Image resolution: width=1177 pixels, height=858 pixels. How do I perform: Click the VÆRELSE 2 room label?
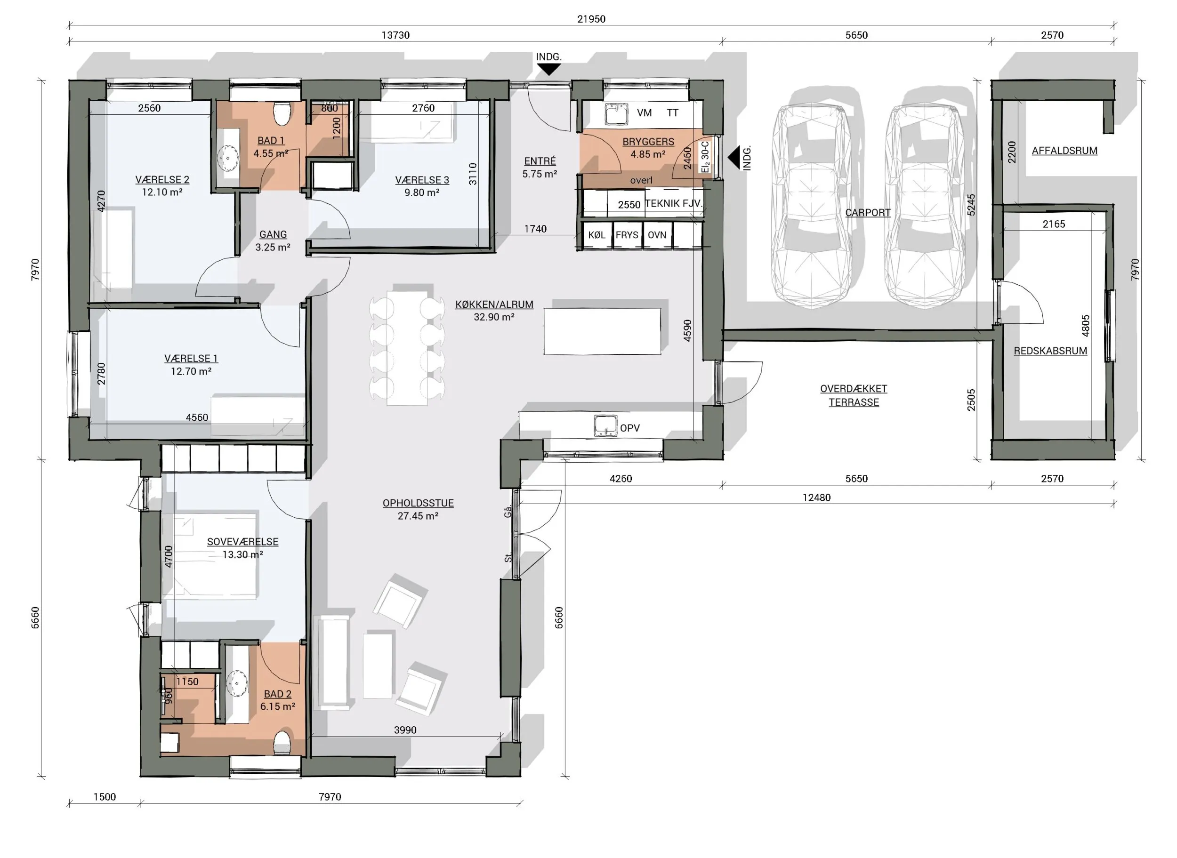point(162,180)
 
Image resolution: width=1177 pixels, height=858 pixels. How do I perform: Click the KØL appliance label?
point(597,235)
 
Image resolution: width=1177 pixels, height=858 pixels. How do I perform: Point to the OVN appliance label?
point(657,235)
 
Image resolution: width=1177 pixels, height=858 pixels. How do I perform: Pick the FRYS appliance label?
point(627,235)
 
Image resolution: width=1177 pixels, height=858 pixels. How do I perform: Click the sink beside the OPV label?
point(605,426)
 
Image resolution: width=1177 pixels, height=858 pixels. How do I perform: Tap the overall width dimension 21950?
point(591,19)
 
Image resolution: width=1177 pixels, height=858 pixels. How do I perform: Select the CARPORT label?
point(867,212)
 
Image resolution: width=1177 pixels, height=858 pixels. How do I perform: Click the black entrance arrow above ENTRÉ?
point(548,69)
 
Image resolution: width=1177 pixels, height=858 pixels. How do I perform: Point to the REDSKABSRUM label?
point(1050,351)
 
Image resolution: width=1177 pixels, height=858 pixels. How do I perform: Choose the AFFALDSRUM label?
point(1064,151)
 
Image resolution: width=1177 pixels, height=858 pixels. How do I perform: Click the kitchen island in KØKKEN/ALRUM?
point(603,331)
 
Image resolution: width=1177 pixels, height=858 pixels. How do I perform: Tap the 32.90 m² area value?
point(494,317)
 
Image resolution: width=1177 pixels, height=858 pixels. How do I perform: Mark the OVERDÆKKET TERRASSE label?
point(854,395)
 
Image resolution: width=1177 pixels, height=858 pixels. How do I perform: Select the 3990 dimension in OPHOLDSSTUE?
point(405,730)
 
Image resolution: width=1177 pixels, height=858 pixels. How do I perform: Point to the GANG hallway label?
point(273,234)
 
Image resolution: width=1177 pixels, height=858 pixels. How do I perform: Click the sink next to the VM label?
point(617,114)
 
